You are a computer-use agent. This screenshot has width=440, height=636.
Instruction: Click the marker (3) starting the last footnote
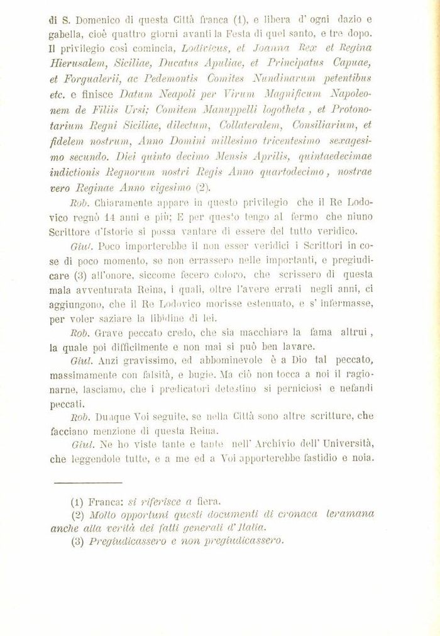click(78, 541)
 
